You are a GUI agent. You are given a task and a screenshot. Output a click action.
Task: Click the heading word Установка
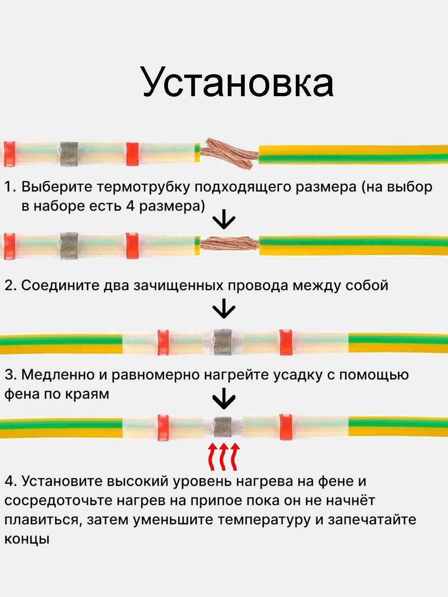pos(237,82)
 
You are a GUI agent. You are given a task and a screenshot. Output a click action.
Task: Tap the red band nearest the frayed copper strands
pos(132,154)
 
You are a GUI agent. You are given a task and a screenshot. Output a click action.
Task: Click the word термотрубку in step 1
pos(144,187)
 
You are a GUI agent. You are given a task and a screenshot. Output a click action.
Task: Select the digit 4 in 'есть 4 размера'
pos(130,206)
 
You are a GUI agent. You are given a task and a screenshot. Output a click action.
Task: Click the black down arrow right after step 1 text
pos(224,219)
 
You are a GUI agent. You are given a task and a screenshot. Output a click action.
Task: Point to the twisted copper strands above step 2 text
pos(229,243)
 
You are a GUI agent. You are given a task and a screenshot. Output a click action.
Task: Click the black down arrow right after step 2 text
pos(224,308)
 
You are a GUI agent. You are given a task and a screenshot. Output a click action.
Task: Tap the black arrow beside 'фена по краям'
pos(224,398)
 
